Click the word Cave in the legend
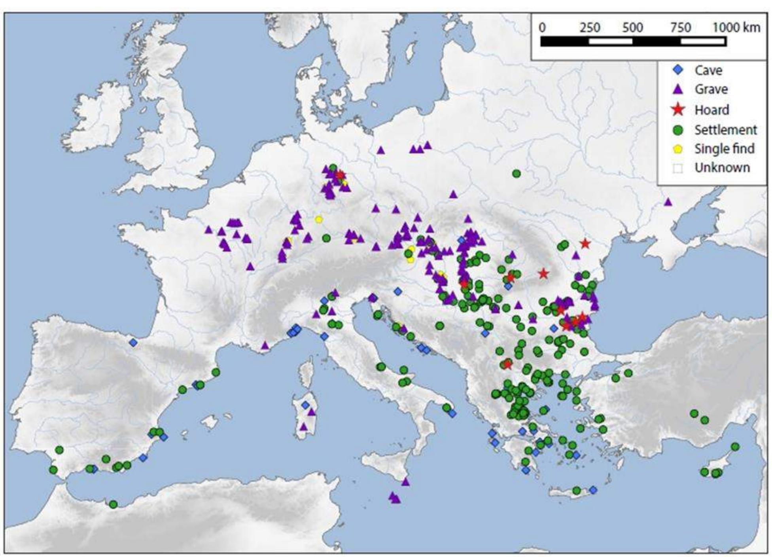[708, 70]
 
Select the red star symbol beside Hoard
[678, 110]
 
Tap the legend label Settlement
[725, 130]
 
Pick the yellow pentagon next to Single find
[678, 149]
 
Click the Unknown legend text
[722, 168]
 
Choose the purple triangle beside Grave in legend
[678, 89]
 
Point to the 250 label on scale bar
[590, 28]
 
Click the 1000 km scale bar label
[736, 28]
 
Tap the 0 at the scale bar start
[542, 28]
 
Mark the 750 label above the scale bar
[680, 28]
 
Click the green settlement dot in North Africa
[113, 504]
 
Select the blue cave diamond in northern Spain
[133, 343]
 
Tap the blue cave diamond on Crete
[593, 490]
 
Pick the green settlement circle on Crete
[577, 491]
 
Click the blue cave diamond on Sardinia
[305, 405]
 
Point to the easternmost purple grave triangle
[668, 202]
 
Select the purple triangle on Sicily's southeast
[405, 482]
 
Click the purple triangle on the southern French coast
[265, 346]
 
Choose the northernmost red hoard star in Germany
[340, 175]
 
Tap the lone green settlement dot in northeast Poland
[516, 173]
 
